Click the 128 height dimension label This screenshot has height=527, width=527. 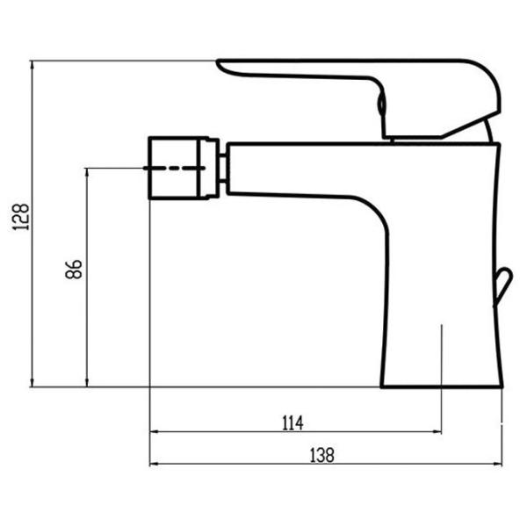(21, 217)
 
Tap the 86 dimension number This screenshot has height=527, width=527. (74, 269)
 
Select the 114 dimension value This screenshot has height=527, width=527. (292, 423)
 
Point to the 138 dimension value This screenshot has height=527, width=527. (322, 455)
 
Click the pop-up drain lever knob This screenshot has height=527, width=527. (502, 285)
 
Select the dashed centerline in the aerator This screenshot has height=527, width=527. (174, 168)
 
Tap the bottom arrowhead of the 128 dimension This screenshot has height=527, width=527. (32, 382)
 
